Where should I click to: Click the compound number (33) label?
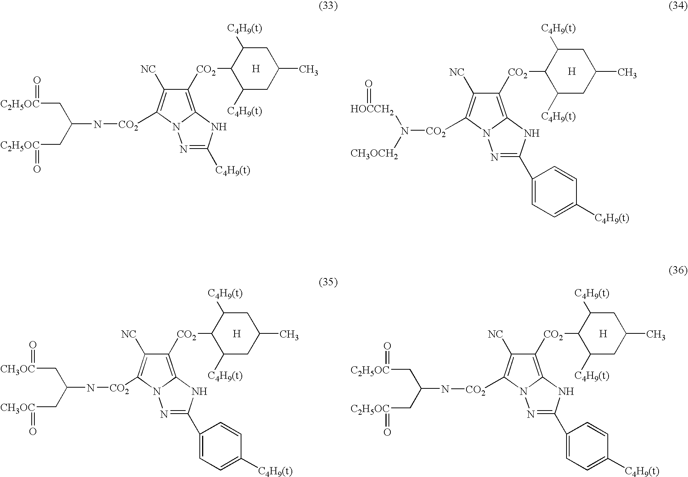(x=328, y=6)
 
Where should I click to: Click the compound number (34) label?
(x=678, y=6)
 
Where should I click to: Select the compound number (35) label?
(x=328, y=283)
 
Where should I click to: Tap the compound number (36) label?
(x=678, y=271)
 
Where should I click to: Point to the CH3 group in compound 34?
(x=627, y=73)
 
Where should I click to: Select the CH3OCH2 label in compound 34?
(x=374, y=154)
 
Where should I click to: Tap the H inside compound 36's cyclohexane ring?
(x=603, y=334)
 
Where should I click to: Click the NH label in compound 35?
(x=199, y=392)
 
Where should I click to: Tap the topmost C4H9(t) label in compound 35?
(x=225, y=293)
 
